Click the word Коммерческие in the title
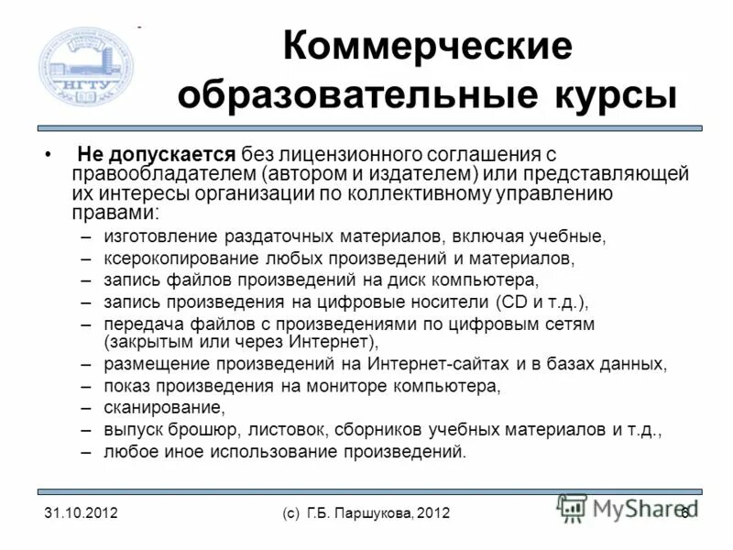coord(426,46)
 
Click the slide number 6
coord(684,513)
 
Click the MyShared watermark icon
coord(573,507)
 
